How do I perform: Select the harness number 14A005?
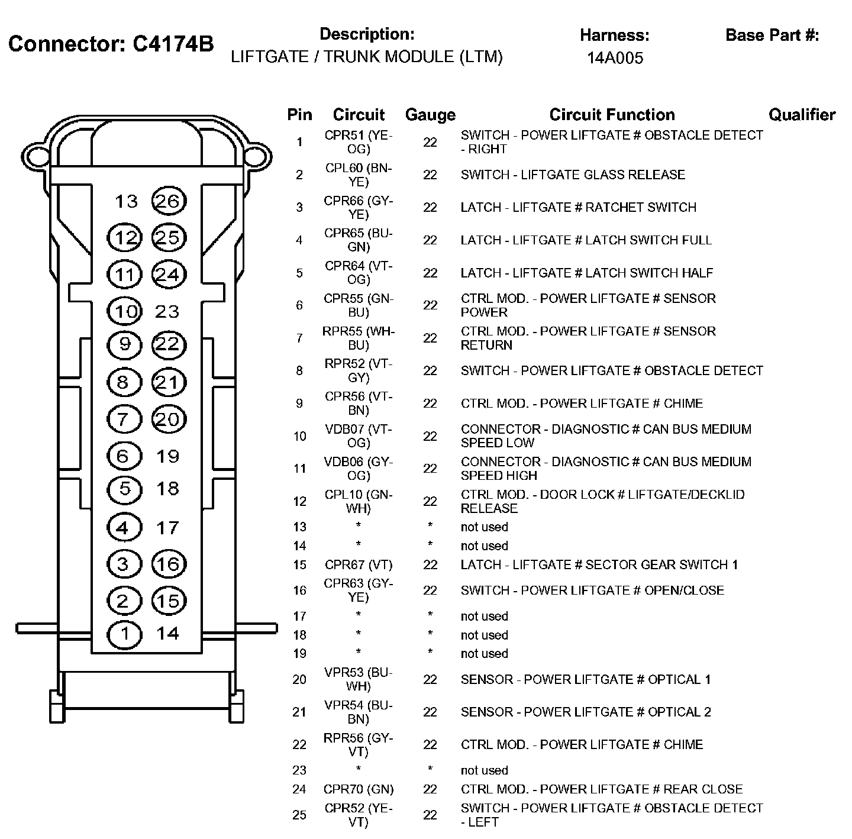coord(615,58)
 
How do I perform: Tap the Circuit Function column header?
coord(612,115)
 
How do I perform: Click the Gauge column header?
coord(430,115)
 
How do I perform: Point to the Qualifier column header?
coord(802,115)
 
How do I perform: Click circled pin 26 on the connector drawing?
coord(169,201)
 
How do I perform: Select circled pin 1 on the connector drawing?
coord(124,634)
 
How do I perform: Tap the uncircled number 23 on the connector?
coord(167,311)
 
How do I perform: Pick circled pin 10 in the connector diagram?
coord(125,311)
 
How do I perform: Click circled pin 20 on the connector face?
coord(169,419)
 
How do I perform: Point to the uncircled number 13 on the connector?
coord(126,202)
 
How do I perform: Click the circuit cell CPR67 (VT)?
coord(359,564)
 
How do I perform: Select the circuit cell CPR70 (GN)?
coord(359,789)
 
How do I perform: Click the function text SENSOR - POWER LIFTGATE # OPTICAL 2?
coord(586,712)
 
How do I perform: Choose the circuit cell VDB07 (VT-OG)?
coord(359,436)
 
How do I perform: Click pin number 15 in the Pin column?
coord(299,564)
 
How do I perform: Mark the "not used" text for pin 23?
coord(484,770)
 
